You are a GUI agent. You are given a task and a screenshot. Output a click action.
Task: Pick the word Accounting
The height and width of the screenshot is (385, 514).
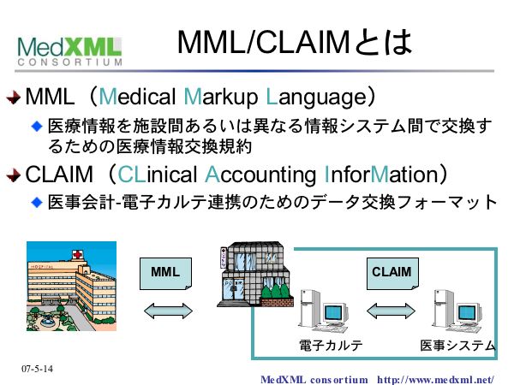(x=261, y=175)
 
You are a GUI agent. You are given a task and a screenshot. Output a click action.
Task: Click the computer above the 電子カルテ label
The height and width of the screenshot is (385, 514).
(x=326, y=312)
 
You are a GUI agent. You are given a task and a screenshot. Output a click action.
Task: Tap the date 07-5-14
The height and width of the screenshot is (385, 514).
(x=37, y=369)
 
